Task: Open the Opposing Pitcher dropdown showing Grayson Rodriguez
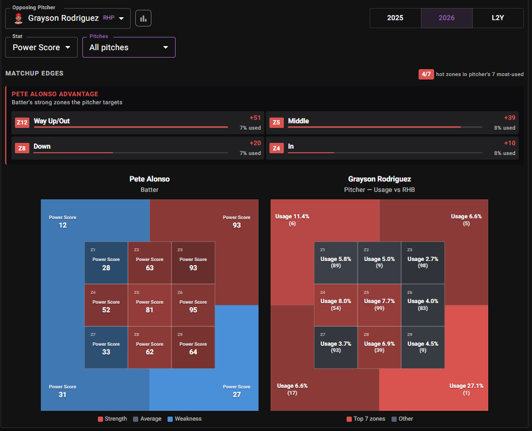pos(68,18)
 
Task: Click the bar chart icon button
pos(143,18)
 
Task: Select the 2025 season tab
pos(396,18)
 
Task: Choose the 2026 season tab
pos(447,18)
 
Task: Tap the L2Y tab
pos(497,18)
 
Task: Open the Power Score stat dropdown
pos(41,47)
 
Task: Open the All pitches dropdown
pos(129,47)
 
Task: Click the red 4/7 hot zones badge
pos(426,74)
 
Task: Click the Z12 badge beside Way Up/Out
pos(22,122)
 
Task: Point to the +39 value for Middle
pos(510,118)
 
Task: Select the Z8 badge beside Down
pos(22,148)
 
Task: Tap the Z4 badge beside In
pos(276,148)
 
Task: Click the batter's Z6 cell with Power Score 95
pos(193,305)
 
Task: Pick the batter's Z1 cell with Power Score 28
pos(106,263)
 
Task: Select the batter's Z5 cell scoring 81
pos(150,305)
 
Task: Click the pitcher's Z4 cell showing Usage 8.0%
pos(336,305)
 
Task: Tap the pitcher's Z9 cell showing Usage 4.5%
pos(423,347)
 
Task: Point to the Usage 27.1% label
pos(466,386)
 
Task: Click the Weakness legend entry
pos(185,419)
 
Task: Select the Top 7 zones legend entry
pos(366,419)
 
